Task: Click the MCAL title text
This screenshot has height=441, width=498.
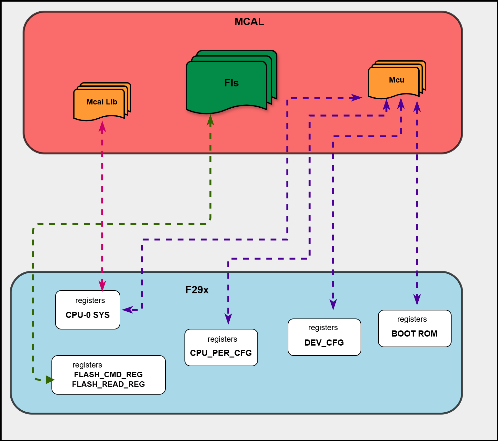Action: [249, 22]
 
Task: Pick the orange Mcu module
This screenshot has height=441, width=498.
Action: [395, 81]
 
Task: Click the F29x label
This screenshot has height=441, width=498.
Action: [197, 290]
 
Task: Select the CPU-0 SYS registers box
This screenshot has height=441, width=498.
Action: [88, 310]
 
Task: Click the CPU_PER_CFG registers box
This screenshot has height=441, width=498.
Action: [221, 348]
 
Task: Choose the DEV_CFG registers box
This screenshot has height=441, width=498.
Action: [324, 337]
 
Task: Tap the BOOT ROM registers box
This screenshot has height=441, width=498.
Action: [414, 328]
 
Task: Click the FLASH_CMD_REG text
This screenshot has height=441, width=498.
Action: [108, 374]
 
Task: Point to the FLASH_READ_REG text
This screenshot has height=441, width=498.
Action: [108, 384]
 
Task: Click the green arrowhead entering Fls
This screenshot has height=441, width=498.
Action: [210, 120]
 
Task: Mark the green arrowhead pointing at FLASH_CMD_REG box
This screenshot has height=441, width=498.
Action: [50, 380]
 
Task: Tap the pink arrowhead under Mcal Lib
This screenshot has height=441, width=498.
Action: [102, 127]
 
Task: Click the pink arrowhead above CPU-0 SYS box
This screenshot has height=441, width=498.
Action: [102, 286]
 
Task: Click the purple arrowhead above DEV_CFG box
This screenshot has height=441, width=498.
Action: [333, 304]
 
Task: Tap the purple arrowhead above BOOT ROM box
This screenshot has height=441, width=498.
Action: [417, 299]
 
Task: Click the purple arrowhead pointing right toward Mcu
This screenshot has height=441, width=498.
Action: [356, 97]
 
